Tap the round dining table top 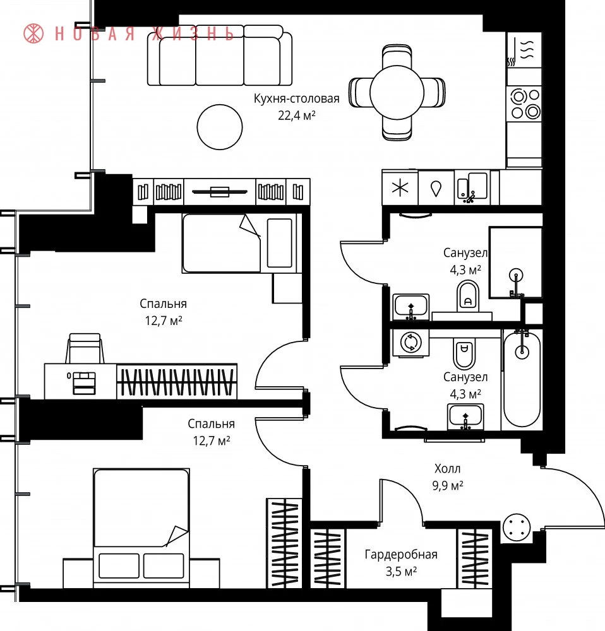397,93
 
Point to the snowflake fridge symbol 400,187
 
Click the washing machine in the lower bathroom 411,343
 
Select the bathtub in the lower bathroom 522,378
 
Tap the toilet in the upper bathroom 468,296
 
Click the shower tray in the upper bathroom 515,262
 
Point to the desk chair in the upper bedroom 85,348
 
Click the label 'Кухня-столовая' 296,98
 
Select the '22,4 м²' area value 296,115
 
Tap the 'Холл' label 447,468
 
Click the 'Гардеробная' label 401,555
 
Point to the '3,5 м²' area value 401,572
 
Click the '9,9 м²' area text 448,485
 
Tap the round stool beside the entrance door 517,527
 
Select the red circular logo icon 33,33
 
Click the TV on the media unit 220,192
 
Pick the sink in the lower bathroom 465,417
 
